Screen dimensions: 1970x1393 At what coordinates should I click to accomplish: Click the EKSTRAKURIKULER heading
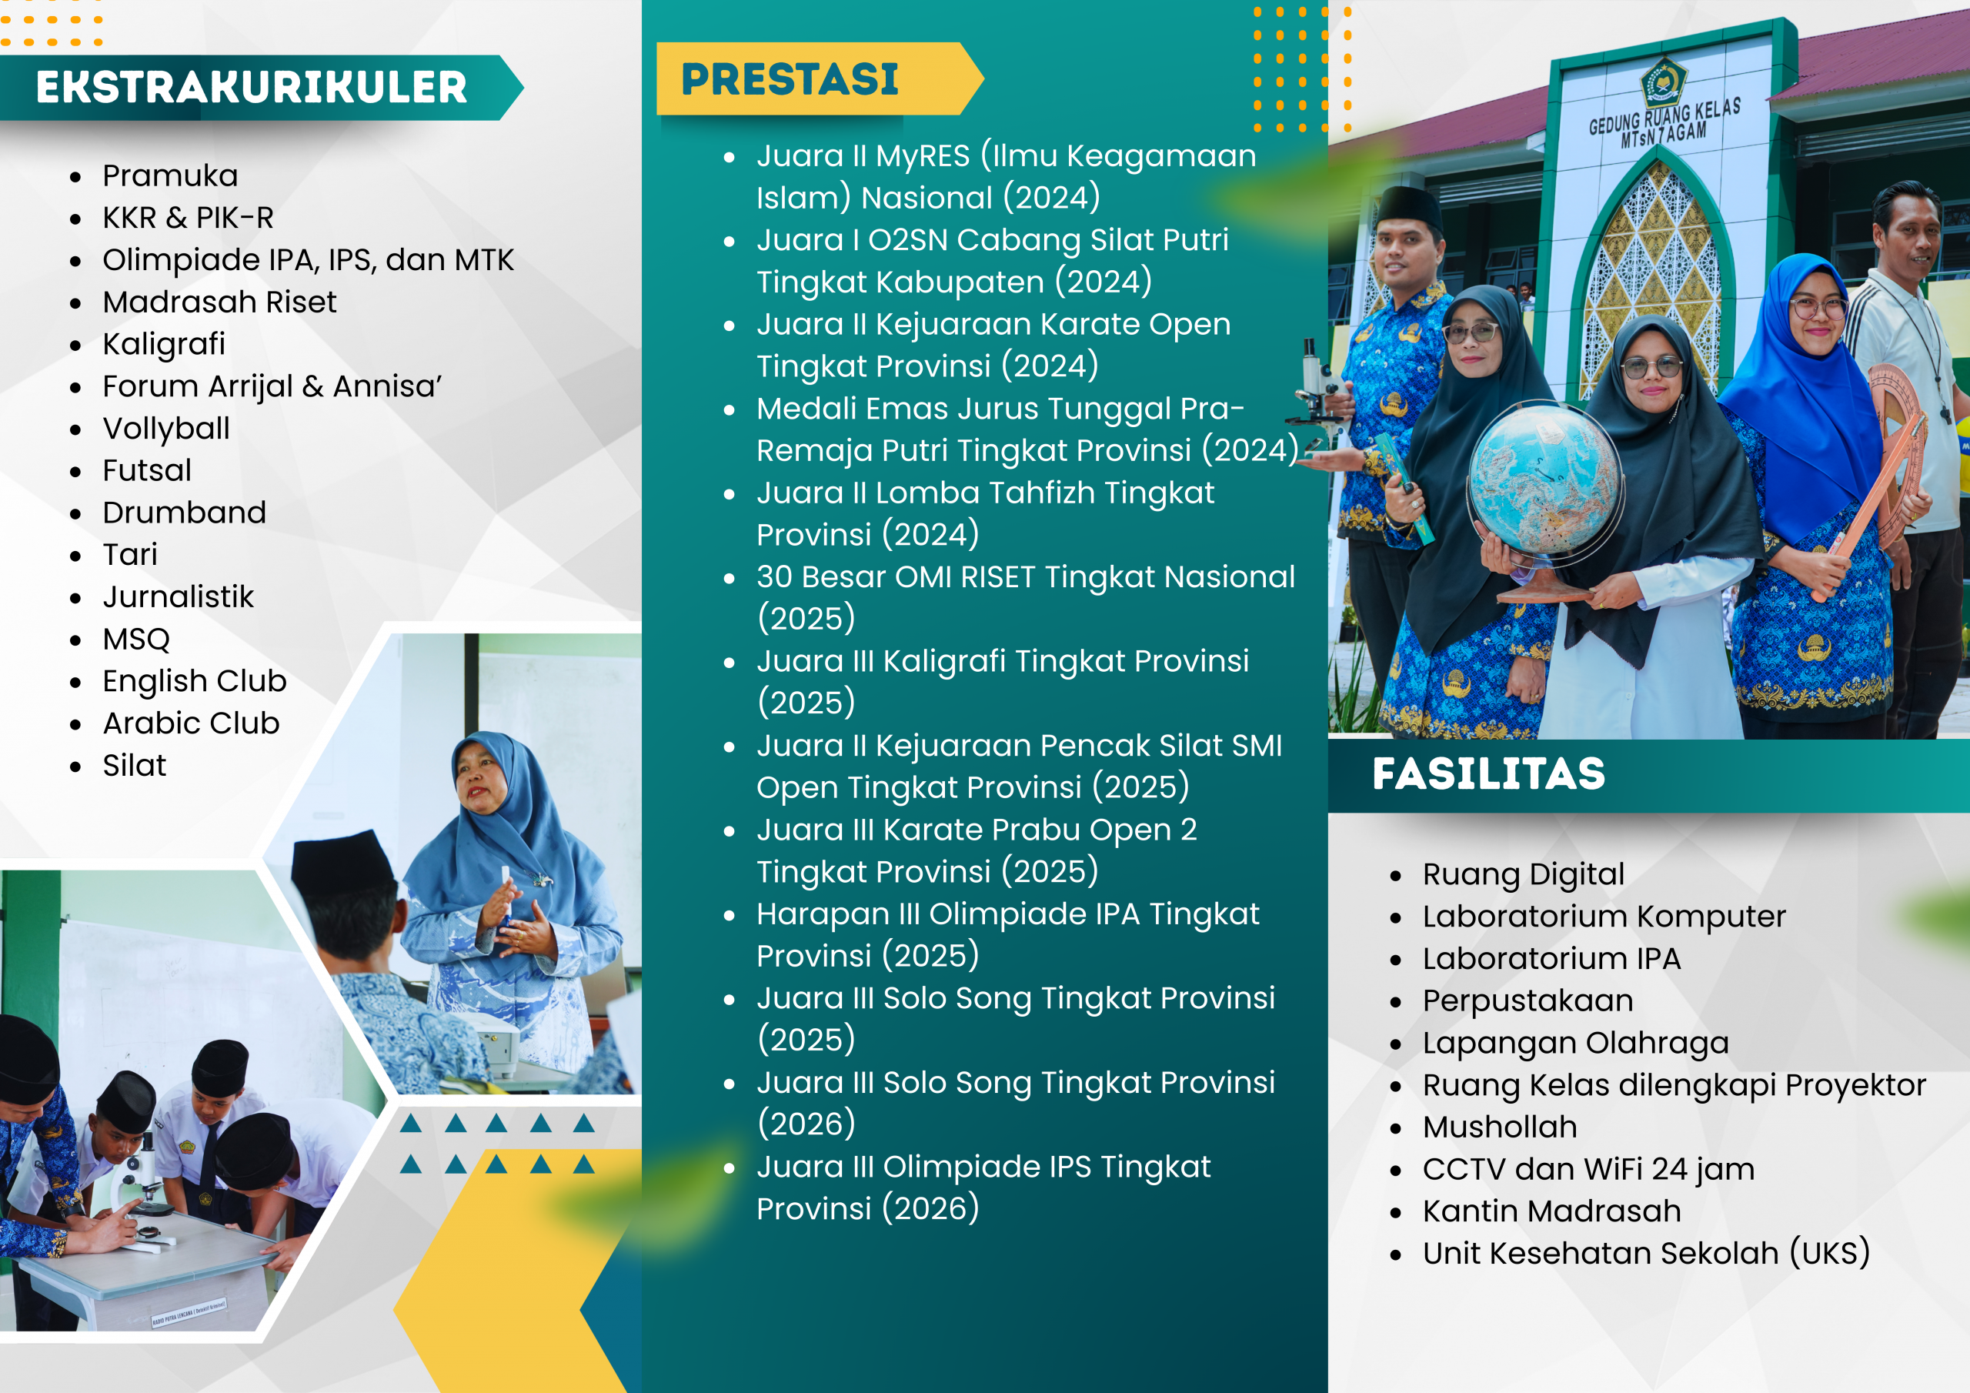pyautogui.click(x=252, y=88)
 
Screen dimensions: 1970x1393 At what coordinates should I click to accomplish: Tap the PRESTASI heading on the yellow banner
pyautogui.click(x=790, y=79)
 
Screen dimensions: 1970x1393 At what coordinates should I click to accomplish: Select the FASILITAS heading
pyautogui.click(x=1488, y=773)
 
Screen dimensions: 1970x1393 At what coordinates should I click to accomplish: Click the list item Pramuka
pyautogui.click(x=170, y=176)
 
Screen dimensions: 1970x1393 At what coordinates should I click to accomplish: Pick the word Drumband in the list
pyautogui.click(x=185, y=513)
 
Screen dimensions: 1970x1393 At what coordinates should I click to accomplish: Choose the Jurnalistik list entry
pyautogui.click(x=179, y=596)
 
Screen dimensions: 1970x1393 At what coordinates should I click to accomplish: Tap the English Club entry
pyautogui.click(x=195, y=680)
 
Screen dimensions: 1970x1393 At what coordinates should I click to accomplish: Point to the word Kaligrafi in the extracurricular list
pyautogui.click(x=164, y=344)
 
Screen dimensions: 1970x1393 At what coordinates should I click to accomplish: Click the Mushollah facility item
pyautogui.click(x=1500, y=1127)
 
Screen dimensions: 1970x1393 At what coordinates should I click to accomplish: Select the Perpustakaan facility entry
pyautogui.click(x=1528, y=1001)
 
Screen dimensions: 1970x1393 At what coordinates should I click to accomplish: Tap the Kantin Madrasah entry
pyautogui.click(x=1552, y=1211)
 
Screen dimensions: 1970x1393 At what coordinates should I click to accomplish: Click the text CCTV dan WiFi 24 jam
pyautogui.click(x=1589, y=1169)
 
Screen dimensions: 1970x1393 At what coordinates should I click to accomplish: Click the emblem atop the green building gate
pyautogui.click(x=1664, y=82)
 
